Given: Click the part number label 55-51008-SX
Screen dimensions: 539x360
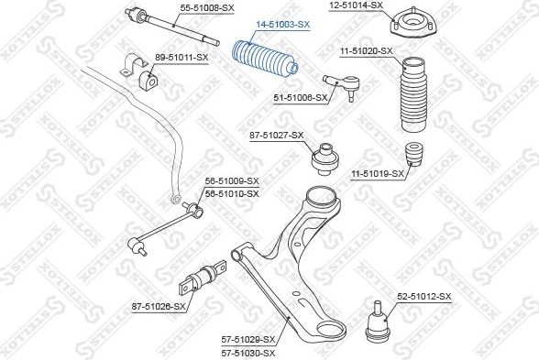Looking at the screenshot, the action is (207, 8).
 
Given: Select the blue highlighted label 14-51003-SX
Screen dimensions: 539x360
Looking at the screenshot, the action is (283, 25).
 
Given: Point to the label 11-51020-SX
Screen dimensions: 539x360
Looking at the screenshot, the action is (367, 51).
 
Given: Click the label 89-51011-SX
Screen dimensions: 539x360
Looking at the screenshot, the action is (181, 58).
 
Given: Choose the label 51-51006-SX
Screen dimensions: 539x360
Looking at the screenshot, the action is (301, 98).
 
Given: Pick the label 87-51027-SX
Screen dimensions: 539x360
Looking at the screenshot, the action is (277, 136).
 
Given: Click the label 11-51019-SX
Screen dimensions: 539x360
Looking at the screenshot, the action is (378, 174).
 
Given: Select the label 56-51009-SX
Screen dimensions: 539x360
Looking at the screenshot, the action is (232, 180).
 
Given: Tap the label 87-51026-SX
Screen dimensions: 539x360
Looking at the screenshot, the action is (159, 306).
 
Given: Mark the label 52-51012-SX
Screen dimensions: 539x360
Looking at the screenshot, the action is (424, 297).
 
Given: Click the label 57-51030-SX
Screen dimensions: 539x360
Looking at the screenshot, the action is (248, 353).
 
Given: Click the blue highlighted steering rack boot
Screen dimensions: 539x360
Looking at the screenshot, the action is (266, 59).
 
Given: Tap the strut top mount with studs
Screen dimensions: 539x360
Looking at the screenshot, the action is (413, 24).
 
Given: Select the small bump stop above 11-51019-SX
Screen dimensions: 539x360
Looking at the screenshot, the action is (414, 155).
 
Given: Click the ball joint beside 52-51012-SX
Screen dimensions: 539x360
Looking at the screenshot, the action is (378, 322).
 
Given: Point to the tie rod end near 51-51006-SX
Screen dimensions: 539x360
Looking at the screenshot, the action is (342, 85).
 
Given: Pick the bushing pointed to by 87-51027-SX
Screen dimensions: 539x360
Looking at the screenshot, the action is (324, 159).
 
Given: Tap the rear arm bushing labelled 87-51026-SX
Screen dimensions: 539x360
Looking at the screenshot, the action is (203, 278).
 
